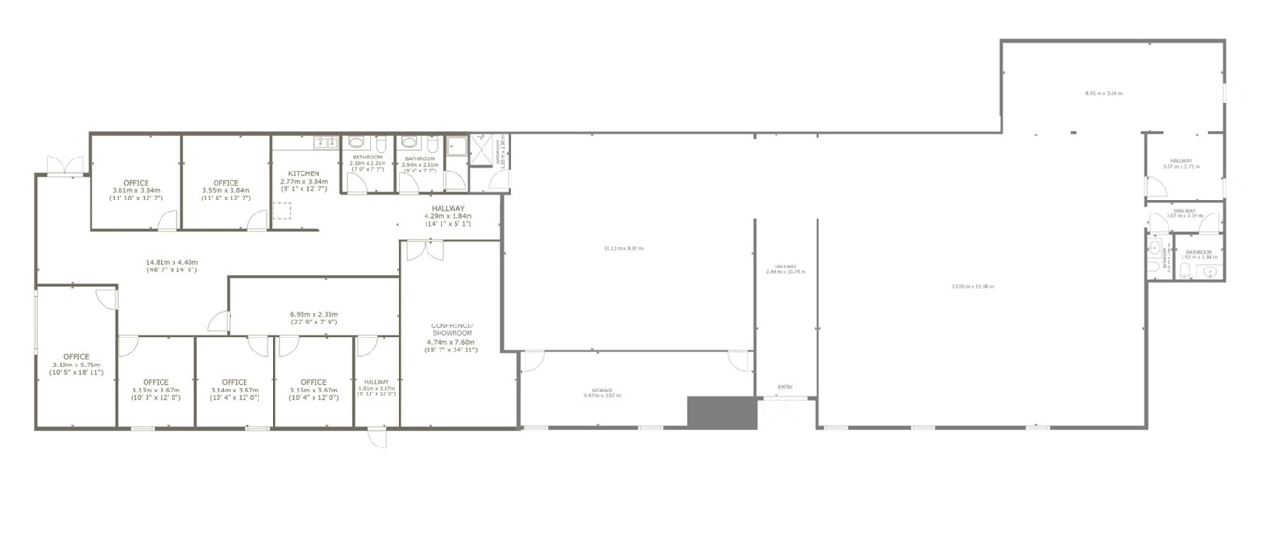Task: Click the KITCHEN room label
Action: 304,173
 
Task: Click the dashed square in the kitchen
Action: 282,212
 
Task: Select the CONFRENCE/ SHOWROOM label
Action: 452,329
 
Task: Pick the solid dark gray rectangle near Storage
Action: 721,413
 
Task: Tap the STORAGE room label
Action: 601,391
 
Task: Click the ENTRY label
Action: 785,386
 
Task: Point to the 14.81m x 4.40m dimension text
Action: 172,262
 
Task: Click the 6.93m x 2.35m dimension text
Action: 314,314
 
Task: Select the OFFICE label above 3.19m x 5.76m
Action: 77,357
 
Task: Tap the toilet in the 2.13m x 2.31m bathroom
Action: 355,144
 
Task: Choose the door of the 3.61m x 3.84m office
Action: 168,221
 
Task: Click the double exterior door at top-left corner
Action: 65,165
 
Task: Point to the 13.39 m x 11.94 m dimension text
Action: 972,286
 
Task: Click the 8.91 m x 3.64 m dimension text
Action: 1103,93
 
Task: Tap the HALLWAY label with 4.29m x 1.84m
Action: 448,209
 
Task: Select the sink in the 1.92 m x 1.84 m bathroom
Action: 1210,271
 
